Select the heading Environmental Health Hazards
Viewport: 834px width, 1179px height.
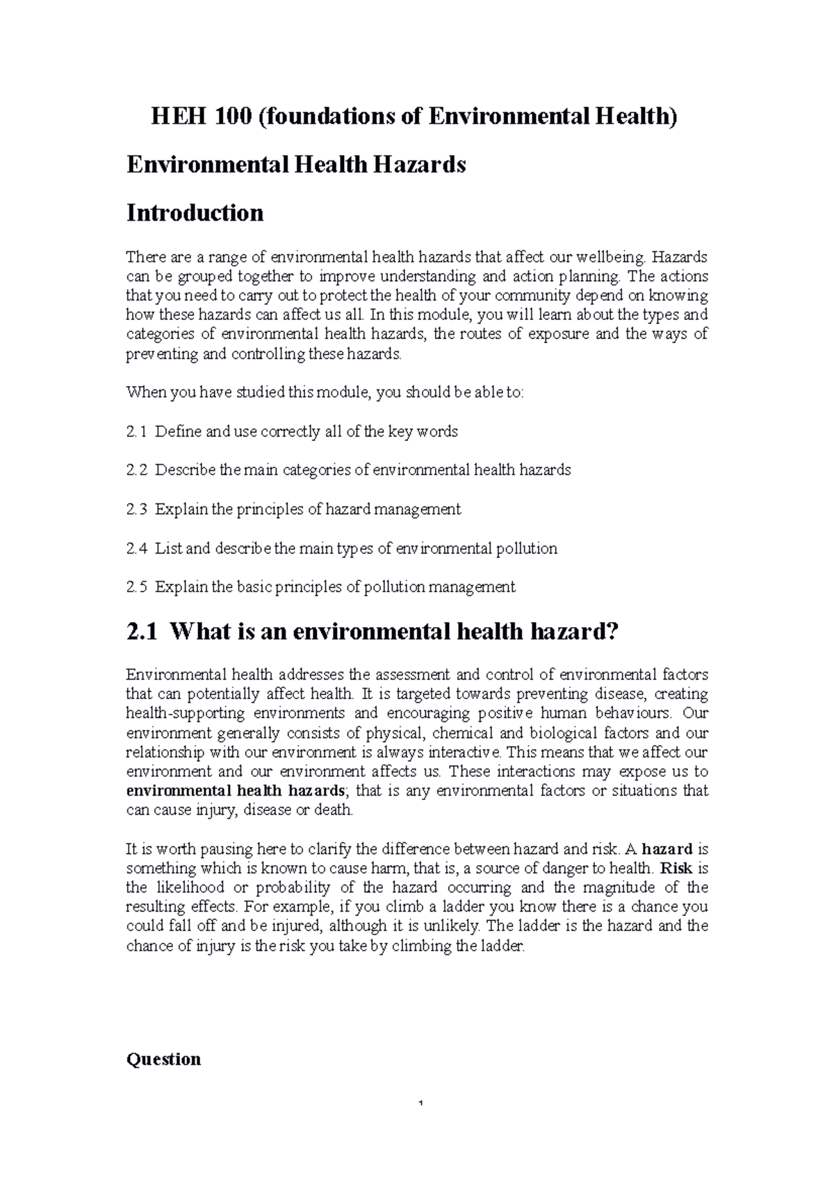[295, 165]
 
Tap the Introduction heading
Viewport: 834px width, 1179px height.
[195, 212]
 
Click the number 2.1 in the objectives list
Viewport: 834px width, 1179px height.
[136, 432]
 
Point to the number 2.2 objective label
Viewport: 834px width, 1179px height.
[136, 471]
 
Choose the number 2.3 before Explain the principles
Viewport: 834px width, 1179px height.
[136, 510]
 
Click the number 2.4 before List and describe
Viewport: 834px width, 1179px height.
[136, 549]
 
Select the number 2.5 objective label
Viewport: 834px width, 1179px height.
[136, 587]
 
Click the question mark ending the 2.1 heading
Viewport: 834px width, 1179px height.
[612, 632]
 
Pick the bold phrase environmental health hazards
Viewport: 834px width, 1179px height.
[235, 791]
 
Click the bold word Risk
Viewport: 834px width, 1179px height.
[676, 868]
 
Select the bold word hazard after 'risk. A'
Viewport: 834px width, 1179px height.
[667, 848]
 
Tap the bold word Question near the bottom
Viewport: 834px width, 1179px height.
[163, 1060]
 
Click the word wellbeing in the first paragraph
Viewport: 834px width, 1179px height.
[602, 258]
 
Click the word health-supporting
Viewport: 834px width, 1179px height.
[185, 714]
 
